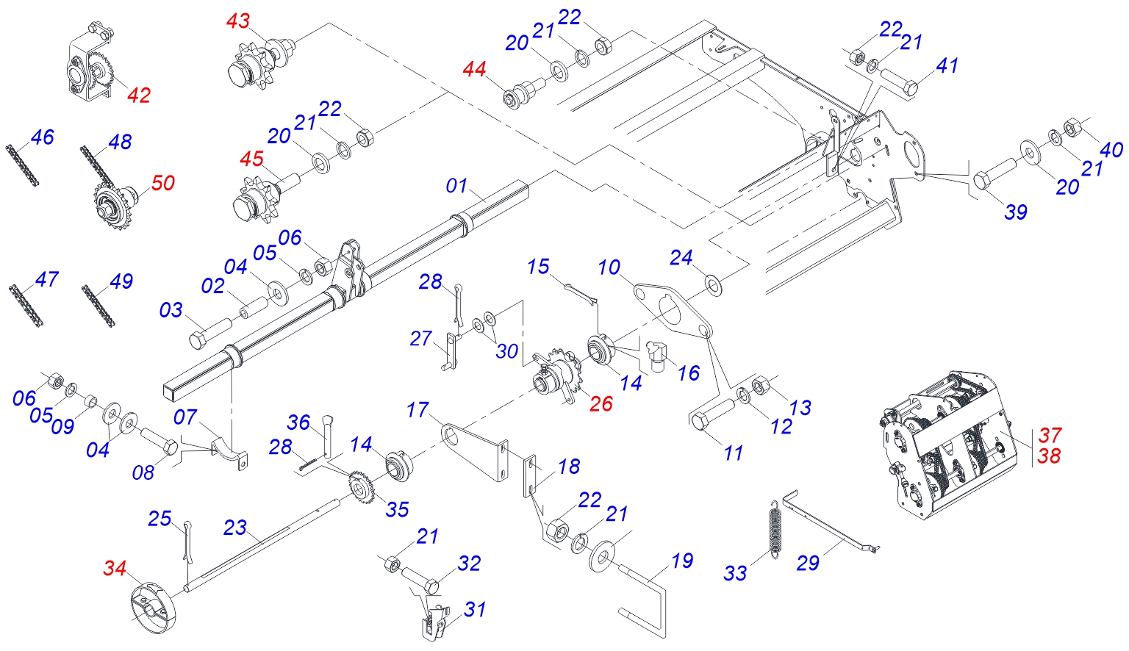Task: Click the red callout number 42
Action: tap(139, 95)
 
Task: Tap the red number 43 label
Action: tap(237, 21)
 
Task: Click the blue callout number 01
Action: tap(456, 186)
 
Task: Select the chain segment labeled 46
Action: tap(22, 165)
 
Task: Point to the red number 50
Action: tap(162, 183)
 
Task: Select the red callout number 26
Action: tap(601, 403)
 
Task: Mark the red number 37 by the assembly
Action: tap(1050, 435)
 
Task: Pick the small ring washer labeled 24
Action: tap(712, 282)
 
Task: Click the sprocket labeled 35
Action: tap(361, 486)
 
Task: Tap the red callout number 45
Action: tap(251, 159)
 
